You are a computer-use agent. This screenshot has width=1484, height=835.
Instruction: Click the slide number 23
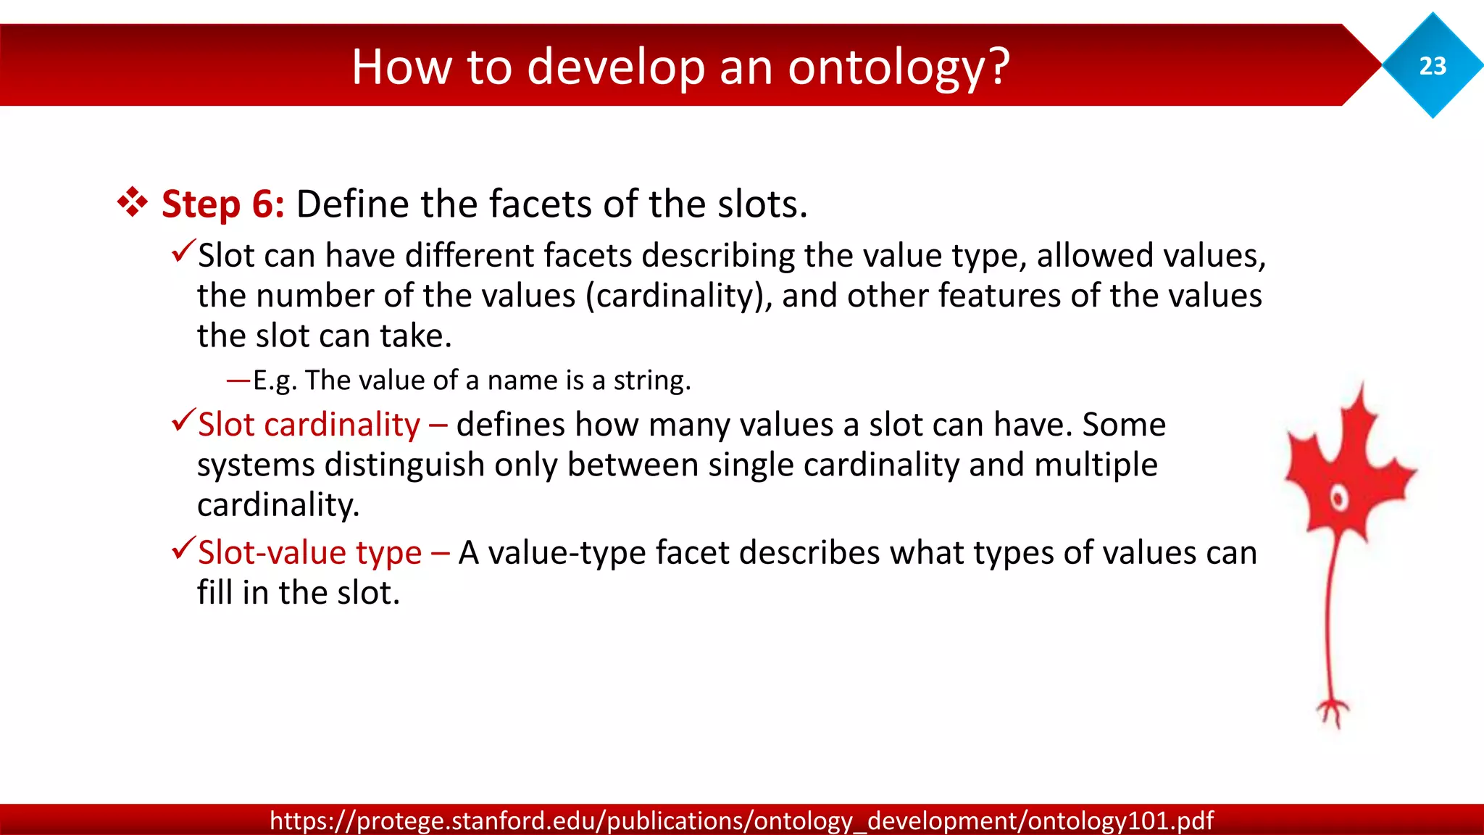(1433, 66)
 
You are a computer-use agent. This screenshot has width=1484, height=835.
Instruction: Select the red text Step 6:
(222, 204)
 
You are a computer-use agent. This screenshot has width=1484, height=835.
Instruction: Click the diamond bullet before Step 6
(133, 203)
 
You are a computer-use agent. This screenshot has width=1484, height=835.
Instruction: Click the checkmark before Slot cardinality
(183, 420)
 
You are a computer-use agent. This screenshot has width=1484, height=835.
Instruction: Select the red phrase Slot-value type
(309, 552)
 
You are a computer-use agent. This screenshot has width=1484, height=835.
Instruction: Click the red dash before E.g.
(238, 380)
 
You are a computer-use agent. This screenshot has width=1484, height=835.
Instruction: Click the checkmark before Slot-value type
(183, 549)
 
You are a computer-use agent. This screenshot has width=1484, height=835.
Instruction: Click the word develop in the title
(616, 67)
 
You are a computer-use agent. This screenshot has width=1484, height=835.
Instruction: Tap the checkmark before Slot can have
(183, 252)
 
